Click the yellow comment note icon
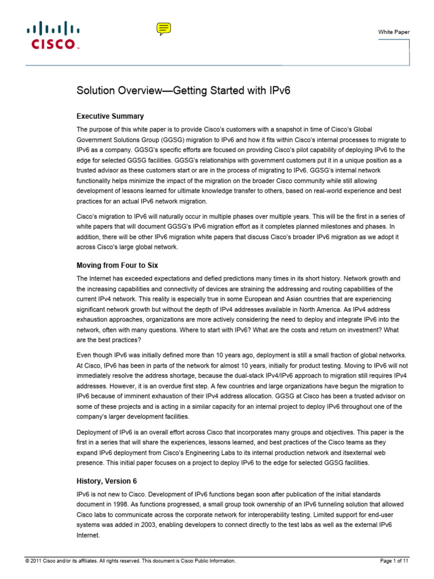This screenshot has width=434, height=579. [x=163, y=29]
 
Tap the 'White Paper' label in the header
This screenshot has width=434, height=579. [x=394, y=32]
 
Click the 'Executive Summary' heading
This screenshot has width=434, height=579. [x=110, y=116]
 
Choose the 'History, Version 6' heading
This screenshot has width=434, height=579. [x=107, y=481]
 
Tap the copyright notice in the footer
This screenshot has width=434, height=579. [x=130, y=561]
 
